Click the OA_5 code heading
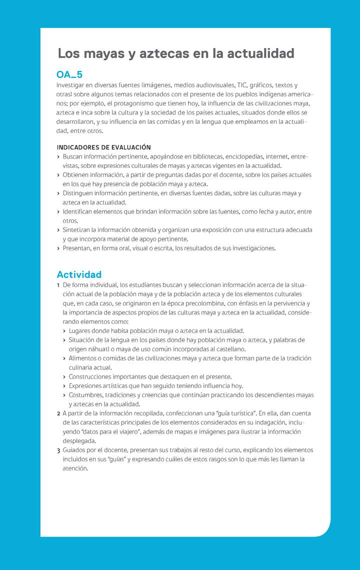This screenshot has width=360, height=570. pyautogui.click(x=69, y=75)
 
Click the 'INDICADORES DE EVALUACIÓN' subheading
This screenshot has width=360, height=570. pyautogui.click(x=103, y=147)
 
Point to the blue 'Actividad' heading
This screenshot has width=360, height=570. pyautogui.click(x=79, y=274)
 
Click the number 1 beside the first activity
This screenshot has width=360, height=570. pyautogui.click(x=58, y=285)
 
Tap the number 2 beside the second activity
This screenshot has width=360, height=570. pyautogui.click(x=58, y=413)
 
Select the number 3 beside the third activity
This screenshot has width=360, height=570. pyautogui.click(x=58, y=450)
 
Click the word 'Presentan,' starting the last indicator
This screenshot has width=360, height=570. pyautogui.click(x=78, y=248)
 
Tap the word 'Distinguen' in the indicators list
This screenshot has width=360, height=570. pyautogui.click(x=79, y=193)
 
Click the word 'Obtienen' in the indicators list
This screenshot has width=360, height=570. pyautogui.click(x=76, y=175)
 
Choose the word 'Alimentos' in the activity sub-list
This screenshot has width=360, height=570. pyautogui.click(x=83, y=358)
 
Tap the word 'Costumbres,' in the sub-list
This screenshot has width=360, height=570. pyautogui.click(x=87, y=395)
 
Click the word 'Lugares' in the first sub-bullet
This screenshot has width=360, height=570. pyautogui.click(x=80, y=331)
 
